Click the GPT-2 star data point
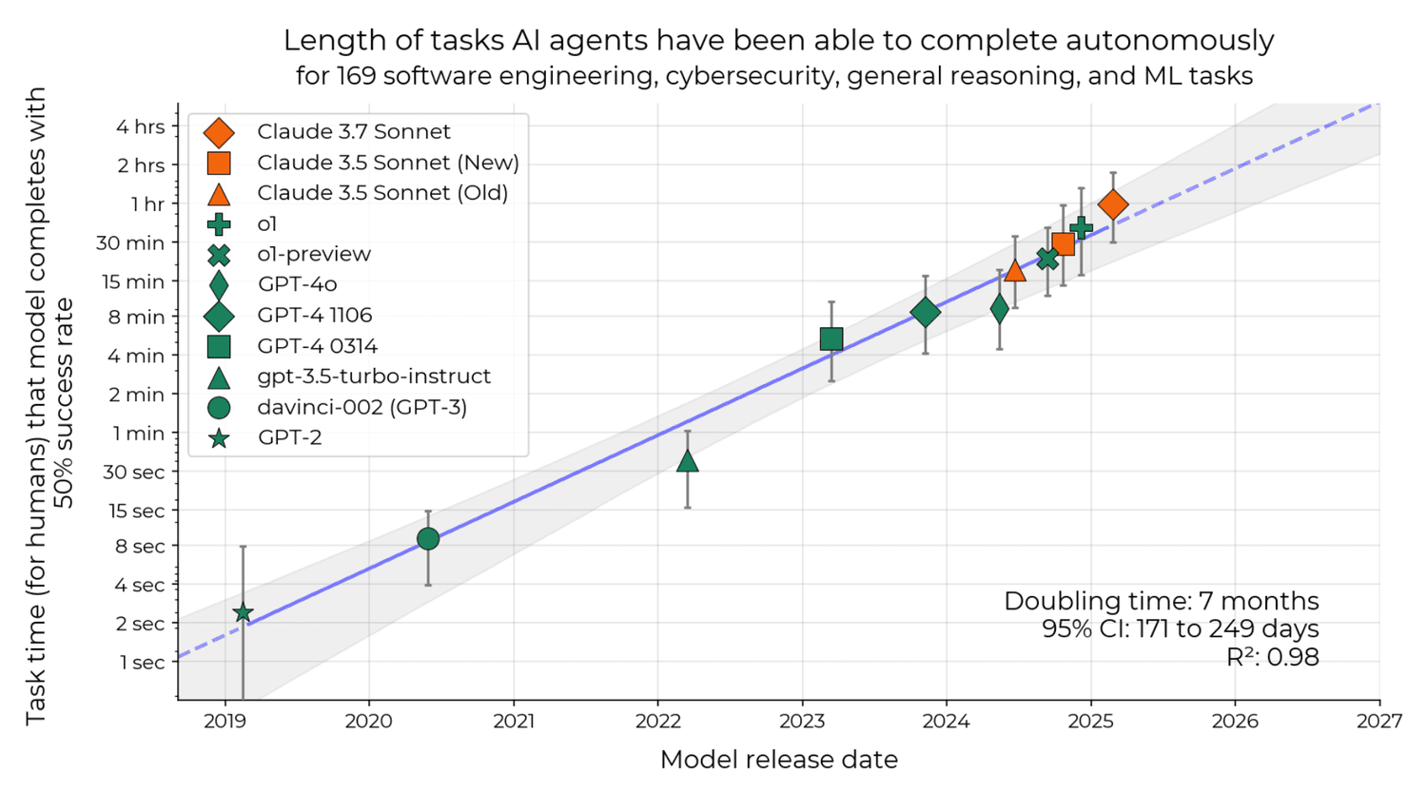(243, 613)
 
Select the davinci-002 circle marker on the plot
(428, 539)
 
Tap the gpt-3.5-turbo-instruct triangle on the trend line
(687, 462)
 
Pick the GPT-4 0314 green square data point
(831, 339)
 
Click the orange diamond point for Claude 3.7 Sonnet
(1113, 204)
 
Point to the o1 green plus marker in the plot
(1081, 227)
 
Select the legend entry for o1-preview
(313, 254)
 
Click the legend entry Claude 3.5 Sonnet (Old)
(381, 193)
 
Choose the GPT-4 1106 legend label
(314, 315)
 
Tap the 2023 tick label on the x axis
(802, 722)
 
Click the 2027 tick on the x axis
(1379, 722)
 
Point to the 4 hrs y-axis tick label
(140, 126)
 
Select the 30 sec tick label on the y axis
(134, 472)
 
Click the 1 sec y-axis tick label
(142, 663)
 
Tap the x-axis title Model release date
(778, 760)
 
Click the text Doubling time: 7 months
(1161, 601)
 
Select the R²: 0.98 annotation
(1272, 657)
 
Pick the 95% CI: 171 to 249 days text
(1180, 628)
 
